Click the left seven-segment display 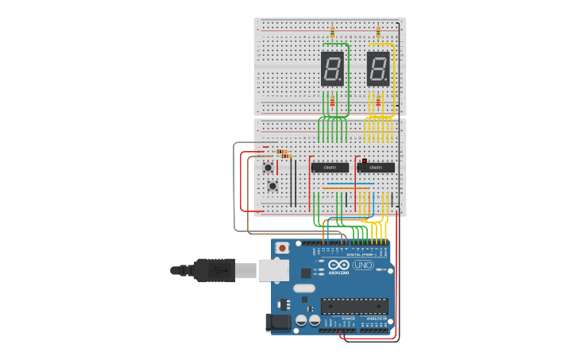(x=332, y=68)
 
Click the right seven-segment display (x=378, y=68)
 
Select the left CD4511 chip (x=330, y=167)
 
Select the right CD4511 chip (x=376, y=167)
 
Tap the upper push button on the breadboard (x=269, y=168)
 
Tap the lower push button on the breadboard (x=273, y=186)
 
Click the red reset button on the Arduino (x=283, y=248)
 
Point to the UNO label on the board (x=363, y=265)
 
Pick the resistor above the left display (x=332, y=32)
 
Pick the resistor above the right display (x=378, y=32)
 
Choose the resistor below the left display (x=332, y=101)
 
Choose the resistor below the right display (x=378, y=101)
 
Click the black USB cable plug (x=213, y=270)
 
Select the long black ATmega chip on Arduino (x=354, y=307)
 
